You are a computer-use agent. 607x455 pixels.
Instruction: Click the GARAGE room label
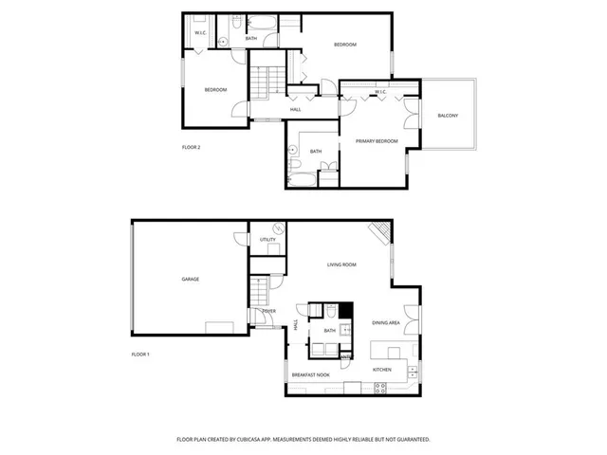coord(191,279)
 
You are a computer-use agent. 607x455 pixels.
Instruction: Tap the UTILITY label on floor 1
coord(267,240)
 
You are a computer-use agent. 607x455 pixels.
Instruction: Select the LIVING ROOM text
coord(341,264)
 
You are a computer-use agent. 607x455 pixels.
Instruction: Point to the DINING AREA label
coord(386,323)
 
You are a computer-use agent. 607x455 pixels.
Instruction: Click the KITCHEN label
coord(382,369)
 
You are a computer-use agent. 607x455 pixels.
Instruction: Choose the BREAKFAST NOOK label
coord(310,375)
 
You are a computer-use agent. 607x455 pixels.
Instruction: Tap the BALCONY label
coord(448,116)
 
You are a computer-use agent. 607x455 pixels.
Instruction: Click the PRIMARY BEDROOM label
coord(377,141)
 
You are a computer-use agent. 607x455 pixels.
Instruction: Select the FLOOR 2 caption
coord(192,148)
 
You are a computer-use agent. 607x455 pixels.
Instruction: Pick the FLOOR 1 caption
coord(140,355)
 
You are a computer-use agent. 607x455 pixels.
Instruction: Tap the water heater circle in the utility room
coord(278,228)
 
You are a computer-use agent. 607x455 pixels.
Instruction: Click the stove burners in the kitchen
coord(379,386)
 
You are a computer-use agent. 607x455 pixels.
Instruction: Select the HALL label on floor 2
coord(296,109)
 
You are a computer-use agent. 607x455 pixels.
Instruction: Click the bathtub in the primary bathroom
coord(305,177)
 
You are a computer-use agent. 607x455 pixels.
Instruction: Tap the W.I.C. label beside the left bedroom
coord(201,34)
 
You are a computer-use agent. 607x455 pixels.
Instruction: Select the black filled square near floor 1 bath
coord(347,309)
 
